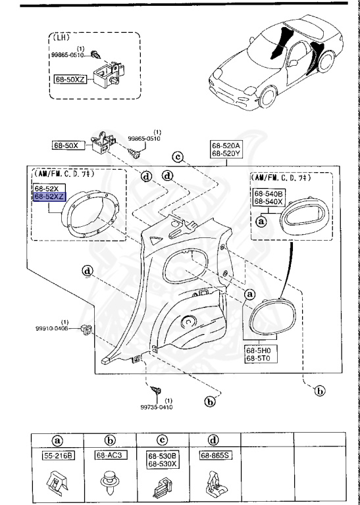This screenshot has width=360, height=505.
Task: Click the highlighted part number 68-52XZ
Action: point(50,197)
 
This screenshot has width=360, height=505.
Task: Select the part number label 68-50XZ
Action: point(71,78)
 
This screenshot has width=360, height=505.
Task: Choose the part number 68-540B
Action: point(269,194)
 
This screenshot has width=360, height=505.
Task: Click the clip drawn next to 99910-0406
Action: point(84,327)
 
